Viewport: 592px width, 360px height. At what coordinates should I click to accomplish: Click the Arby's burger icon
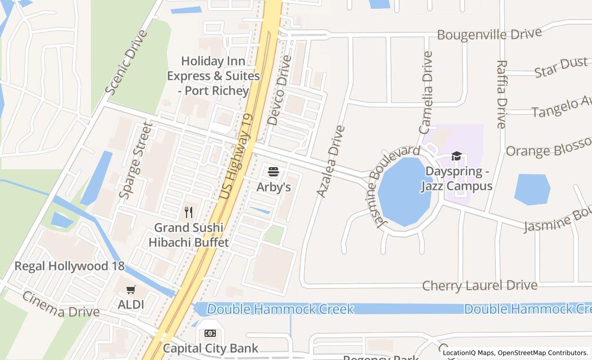click(273, 171)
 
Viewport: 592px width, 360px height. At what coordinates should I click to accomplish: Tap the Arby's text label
click(273, 187)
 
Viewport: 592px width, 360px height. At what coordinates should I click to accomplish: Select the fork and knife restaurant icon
click(189, 212)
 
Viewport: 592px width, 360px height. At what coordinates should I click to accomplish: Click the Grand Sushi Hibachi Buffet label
click(189, 235)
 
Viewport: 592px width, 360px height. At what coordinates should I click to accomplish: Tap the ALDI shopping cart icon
click(131, 290)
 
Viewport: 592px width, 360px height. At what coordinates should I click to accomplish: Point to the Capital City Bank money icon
click(210, 333)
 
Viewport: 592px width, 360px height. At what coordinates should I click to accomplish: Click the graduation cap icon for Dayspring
click(456, 156)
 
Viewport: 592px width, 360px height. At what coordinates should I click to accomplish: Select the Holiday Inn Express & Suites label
click(213, 76)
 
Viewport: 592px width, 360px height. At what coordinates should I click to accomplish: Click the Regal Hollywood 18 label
click(69, 266)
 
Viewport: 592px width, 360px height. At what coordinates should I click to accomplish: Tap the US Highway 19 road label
click(237, 157)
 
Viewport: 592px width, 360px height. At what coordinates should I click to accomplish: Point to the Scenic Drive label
click(126, 62)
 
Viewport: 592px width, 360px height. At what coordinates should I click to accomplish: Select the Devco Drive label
click(280, 91)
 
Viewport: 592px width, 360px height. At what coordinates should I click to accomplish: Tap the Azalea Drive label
click(330, 161)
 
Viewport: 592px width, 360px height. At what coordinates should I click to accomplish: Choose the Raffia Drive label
click(502, 94)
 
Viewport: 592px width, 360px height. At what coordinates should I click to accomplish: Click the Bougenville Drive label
click(489, 34)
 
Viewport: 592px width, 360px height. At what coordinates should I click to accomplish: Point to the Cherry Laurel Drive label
click(479, 285)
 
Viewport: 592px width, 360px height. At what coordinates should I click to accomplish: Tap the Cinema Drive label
click(60, 304)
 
